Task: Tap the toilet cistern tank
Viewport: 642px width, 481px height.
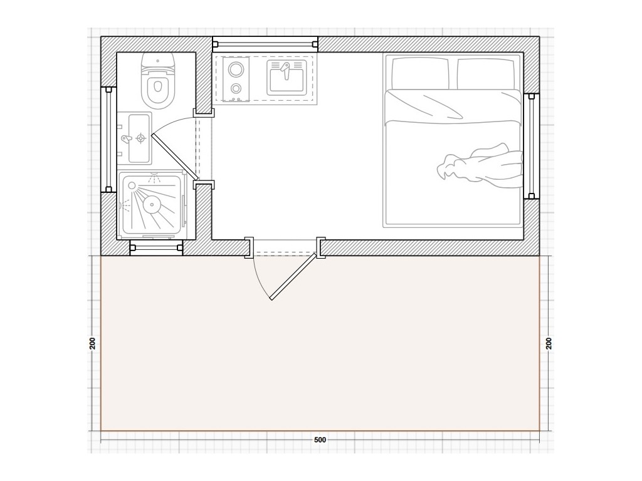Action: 158,62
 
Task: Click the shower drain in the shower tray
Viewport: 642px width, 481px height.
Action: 152,205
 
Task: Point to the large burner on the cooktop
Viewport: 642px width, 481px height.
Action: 236,69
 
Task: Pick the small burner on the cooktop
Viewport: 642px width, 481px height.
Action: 236,88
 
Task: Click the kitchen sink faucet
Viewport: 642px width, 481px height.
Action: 286,70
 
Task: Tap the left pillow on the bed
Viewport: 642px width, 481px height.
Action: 420,74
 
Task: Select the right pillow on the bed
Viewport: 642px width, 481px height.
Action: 486,74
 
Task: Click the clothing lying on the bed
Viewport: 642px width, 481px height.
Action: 480,167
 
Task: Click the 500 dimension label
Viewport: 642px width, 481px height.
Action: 320,440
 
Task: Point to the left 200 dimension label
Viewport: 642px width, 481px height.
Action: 93,343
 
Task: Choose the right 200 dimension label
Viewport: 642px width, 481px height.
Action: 549,343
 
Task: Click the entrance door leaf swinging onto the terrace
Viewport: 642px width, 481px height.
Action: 293,277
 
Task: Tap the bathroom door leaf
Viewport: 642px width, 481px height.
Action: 175,157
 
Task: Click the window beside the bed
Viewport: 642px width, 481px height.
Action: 532,146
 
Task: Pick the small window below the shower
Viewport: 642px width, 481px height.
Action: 156,248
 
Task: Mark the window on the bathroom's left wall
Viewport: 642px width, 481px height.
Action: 108,140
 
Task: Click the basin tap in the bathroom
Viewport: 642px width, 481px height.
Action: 127,139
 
